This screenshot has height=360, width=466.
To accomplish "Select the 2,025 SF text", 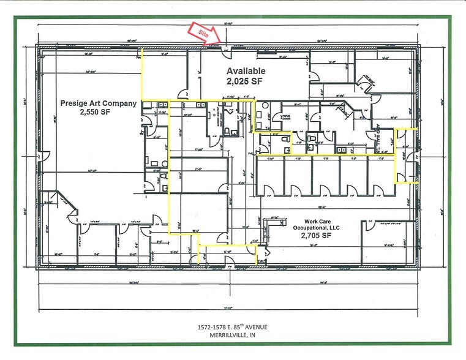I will tap(244, 80).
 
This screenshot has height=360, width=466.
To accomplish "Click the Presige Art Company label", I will tap(98, 103).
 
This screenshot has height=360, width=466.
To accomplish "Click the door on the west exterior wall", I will tap(40, 157).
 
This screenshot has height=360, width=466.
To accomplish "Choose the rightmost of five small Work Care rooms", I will tap(381, 174).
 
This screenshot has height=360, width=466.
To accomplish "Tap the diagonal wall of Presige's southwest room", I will tap(68, 202).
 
